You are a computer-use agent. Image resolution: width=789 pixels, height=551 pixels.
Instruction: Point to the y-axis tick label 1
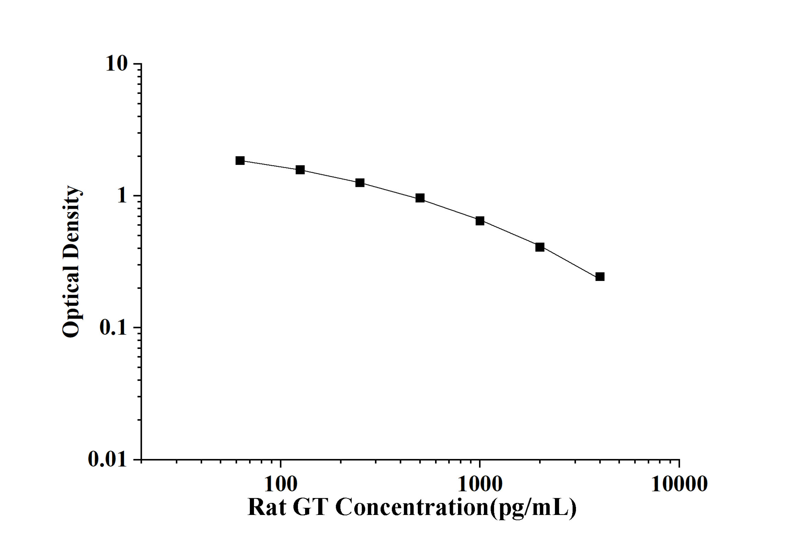[122, 196]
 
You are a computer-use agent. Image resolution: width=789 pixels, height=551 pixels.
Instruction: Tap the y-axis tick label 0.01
[107, 459]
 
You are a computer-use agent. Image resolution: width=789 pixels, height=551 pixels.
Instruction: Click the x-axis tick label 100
[281, 484]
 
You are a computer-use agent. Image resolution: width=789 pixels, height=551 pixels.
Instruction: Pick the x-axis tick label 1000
[480, 484]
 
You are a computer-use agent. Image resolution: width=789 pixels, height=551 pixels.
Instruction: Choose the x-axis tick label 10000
[679, 484]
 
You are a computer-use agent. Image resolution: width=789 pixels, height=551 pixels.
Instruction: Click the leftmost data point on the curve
[240, 160]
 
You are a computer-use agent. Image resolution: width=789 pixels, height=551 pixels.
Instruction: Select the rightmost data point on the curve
[600, 277]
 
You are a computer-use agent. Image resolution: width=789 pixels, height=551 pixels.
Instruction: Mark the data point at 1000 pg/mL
[480, 221]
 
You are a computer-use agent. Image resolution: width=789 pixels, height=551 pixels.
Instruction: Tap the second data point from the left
[300, 170]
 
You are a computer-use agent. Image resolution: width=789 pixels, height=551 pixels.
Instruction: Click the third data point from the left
[360, 183]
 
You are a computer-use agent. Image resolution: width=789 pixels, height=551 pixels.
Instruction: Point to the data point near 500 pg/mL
[420, 198]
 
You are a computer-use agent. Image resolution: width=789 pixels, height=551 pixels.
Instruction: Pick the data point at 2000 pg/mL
[540, 247]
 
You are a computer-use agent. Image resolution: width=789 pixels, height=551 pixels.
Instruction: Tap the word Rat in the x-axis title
[267, 507]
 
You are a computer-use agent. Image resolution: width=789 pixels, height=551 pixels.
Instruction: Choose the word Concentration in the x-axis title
[412, 507]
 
